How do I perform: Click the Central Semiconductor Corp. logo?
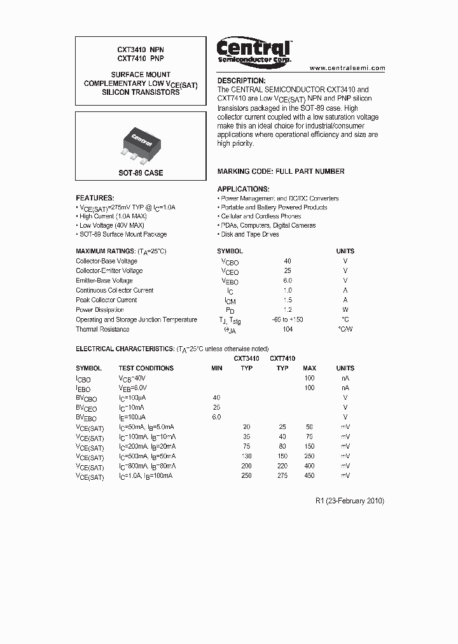click(x=254, y=50)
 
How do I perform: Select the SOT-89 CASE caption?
click(x=141, y=173)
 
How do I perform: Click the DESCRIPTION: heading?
click(x=241, y=81)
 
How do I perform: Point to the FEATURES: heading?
click(x=95, y=198)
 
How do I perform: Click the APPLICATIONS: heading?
click(x=243, y=189)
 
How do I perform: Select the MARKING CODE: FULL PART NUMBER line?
click(x=281, y=171)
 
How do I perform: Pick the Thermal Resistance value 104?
click(x=288, y=329)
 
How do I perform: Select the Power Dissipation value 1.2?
click(x=288, y=310)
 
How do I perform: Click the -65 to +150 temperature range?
click(x=288, y=319)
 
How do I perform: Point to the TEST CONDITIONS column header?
click(x=146, y=368)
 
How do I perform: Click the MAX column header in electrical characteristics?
click(x=309, y=368)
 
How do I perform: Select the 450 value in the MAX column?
click(x=309, y=475)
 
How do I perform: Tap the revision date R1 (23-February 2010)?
click(x=349, y=501)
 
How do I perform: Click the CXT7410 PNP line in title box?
click(x=141, y=59)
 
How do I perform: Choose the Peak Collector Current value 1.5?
click(x=288, y=300)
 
